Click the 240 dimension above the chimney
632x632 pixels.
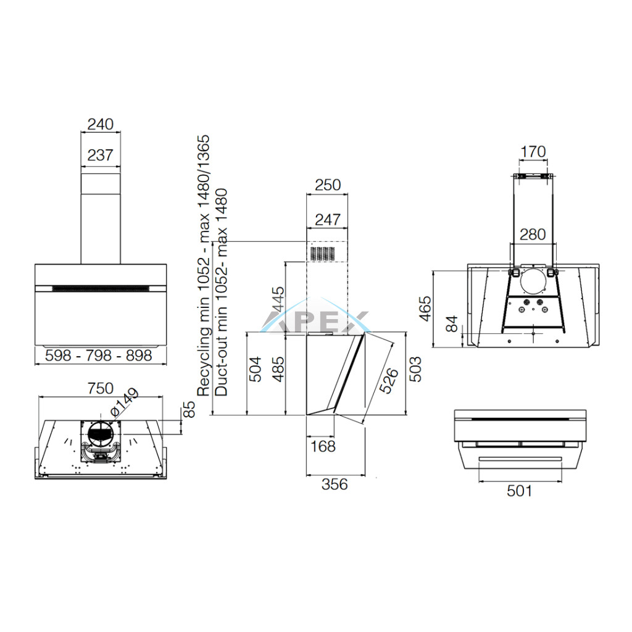(x=101, y=124)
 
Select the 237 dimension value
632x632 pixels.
(x=101, y=155)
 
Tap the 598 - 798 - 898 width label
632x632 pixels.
(x=99, y=355)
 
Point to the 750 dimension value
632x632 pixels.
(x=101, y=389)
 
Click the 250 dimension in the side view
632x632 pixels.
(x=328, y=185)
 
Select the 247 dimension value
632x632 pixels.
(x=328, y=220)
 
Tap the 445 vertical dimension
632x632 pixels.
(x=278, y=299)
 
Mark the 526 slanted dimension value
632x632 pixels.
(x=388, y=380)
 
